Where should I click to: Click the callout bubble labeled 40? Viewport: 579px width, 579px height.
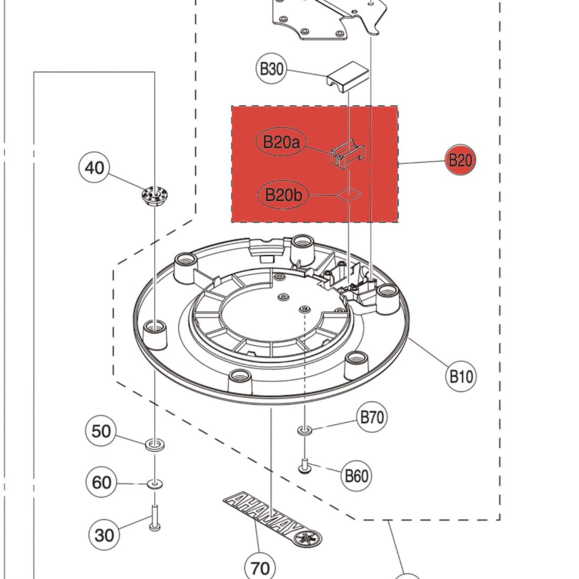94,168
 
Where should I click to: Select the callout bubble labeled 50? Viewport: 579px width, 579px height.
101,432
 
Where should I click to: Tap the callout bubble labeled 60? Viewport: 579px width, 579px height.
102,482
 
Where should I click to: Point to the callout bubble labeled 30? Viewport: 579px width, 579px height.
104,535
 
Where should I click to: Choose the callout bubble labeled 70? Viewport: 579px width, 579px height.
260,568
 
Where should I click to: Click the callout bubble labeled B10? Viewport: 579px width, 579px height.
461,376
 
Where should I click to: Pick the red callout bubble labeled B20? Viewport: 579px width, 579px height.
461,160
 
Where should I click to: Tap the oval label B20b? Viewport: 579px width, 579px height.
283,195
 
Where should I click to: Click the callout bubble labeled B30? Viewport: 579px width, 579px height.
272,69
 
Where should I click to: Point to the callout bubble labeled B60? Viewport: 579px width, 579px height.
356,476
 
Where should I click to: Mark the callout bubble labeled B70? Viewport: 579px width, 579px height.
372,418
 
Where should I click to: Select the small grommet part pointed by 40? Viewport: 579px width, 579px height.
153,196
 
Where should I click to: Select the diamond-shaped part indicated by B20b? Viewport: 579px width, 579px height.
349,195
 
